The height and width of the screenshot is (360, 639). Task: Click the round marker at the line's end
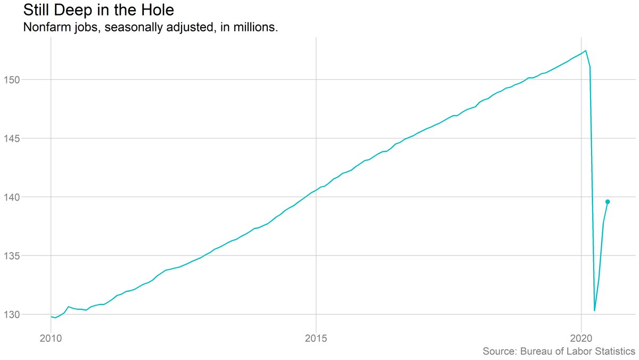pyautogui.click(x=608, y=201)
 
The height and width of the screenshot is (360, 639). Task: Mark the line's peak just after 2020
pyautogui.click(x=586, y=51)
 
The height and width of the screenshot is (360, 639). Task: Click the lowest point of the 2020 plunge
pyautogui.click(x=594, y=310)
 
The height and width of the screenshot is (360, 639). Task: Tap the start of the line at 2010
pyautogui.click(x=51, y=317)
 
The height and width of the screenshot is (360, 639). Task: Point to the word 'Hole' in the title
pyautogui.click(x=157, y=10)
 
